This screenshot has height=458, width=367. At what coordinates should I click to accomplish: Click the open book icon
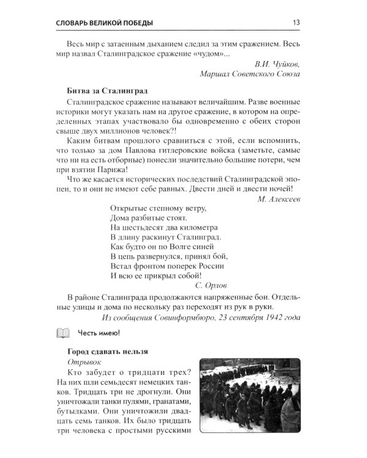click(64, 332)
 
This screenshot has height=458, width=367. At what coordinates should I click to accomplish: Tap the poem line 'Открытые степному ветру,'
click(158, 208)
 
